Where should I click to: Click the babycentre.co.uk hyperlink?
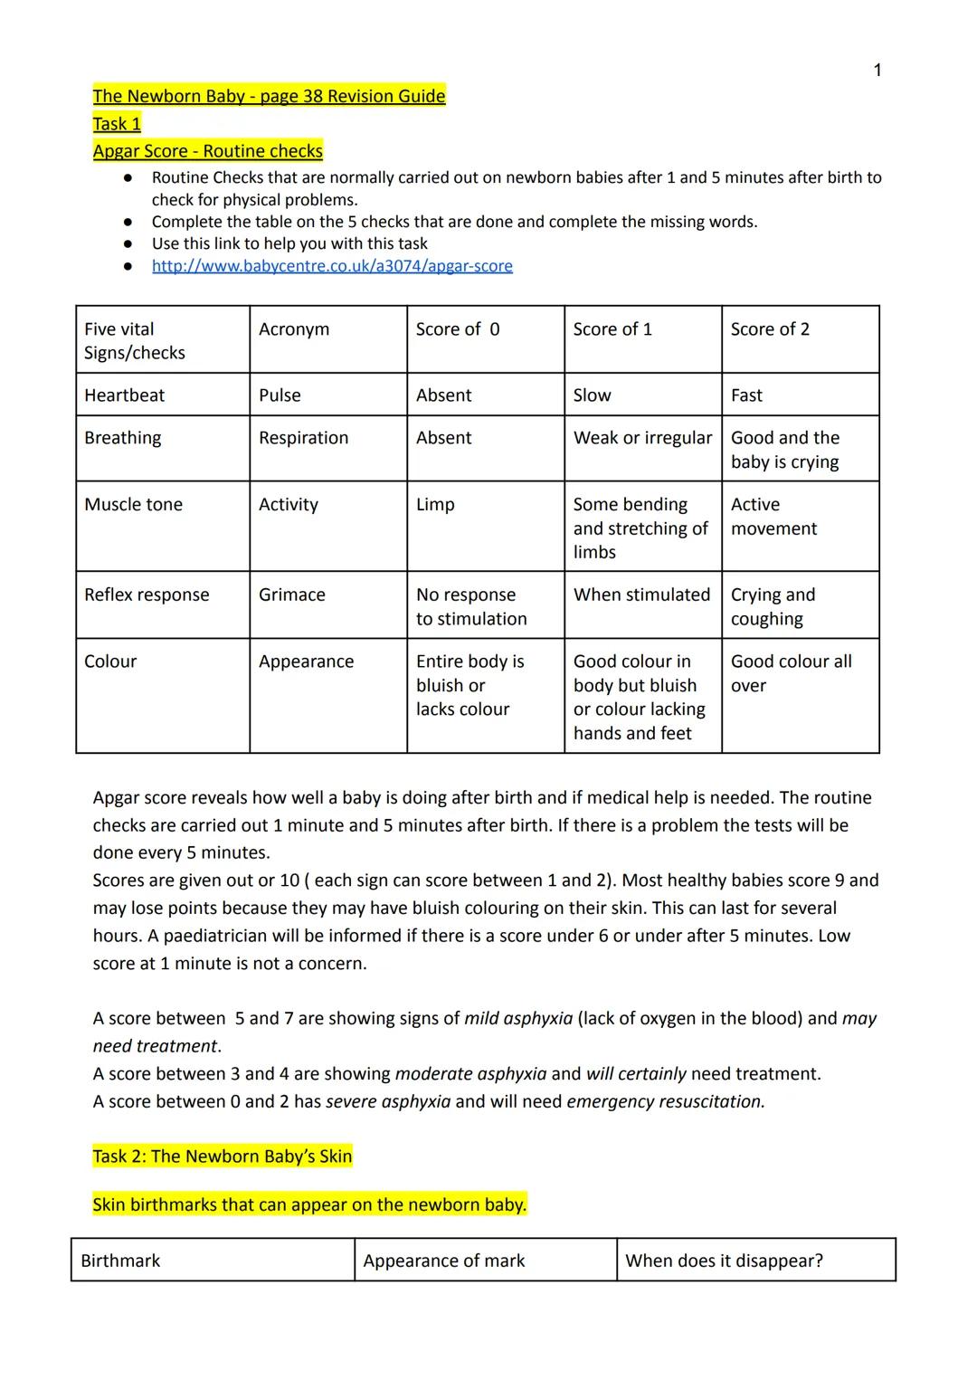coord(332,266)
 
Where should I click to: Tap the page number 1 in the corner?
coord(877,71)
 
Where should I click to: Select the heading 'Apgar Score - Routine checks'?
coord(207,151)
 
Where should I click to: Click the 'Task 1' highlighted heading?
coord(117,124)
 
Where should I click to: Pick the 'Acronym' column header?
coord(294,329)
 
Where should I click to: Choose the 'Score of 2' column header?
coord(770,329)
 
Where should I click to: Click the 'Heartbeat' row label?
coord(124,395)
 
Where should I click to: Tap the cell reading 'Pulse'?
coord(280,395)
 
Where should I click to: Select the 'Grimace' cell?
coord(291,595)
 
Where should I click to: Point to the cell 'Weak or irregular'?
coord(642,438)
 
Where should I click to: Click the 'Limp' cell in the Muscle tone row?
coord(435,504)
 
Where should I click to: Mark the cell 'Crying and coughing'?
coord(773,606)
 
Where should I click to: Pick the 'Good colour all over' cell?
coord(791,673)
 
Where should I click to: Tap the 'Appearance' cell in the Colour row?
coord(306,661)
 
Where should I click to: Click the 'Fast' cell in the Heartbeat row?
coord(746,395)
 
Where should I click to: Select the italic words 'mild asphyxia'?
coord(518,1018)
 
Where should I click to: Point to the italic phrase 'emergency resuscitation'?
coord(665,1101)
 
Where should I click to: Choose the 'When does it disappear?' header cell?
coord(724,1261)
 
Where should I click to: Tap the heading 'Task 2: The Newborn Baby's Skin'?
coord(223,1156)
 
